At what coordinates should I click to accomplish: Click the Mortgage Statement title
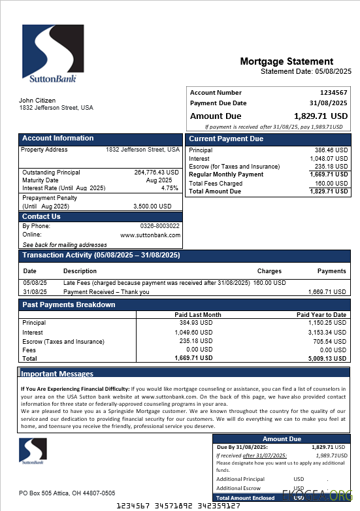pyautogui.click(x=286, y=61)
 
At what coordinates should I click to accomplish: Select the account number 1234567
pyautogui.click(x=334, y=93)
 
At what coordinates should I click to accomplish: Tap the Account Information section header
pyautogui.click(x=58, y=139)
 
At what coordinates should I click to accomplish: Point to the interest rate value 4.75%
pyautogui.click(x=170, y=188)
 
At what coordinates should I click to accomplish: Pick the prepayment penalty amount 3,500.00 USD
pyautogui.click(x=152, y=206)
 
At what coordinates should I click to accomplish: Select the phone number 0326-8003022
pyautogui.click(x=159, y=226)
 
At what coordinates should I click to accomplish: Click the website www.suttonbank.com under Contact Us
pyautogui.click(x=150, y=235)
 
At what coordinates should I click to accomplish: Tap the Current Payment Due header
pyautogui.click(x=226, y=139)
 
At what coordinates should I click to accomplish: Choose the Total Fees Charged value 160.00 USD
pyautogui.click(x=331, y=184)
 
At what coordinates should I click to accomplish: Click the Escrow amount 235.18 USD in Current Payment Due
pyautogui.click(x=331, y=167)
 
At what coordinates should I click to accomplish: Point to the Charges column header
pyautogui.click(x=269, y=271)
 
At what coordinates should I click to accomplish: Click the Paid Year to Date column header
pyautogui.click(x=321, y=315)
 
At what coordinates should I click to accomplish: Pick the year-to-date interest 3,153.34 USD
pyautogui.click(x=327, y=333)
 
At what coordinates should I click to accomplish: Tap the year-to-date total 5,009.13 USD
pyautogui.click(x=327, y=358)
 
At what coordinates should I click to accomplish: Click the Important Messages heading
pyautogui.click(x=57, y=374)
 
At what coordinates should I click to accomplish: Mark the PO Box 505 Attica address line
pyautogui.click(x=67, y=493)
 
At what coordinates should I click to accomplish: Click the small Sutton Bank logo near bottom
pyautogui.click(x=33, y=451)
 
